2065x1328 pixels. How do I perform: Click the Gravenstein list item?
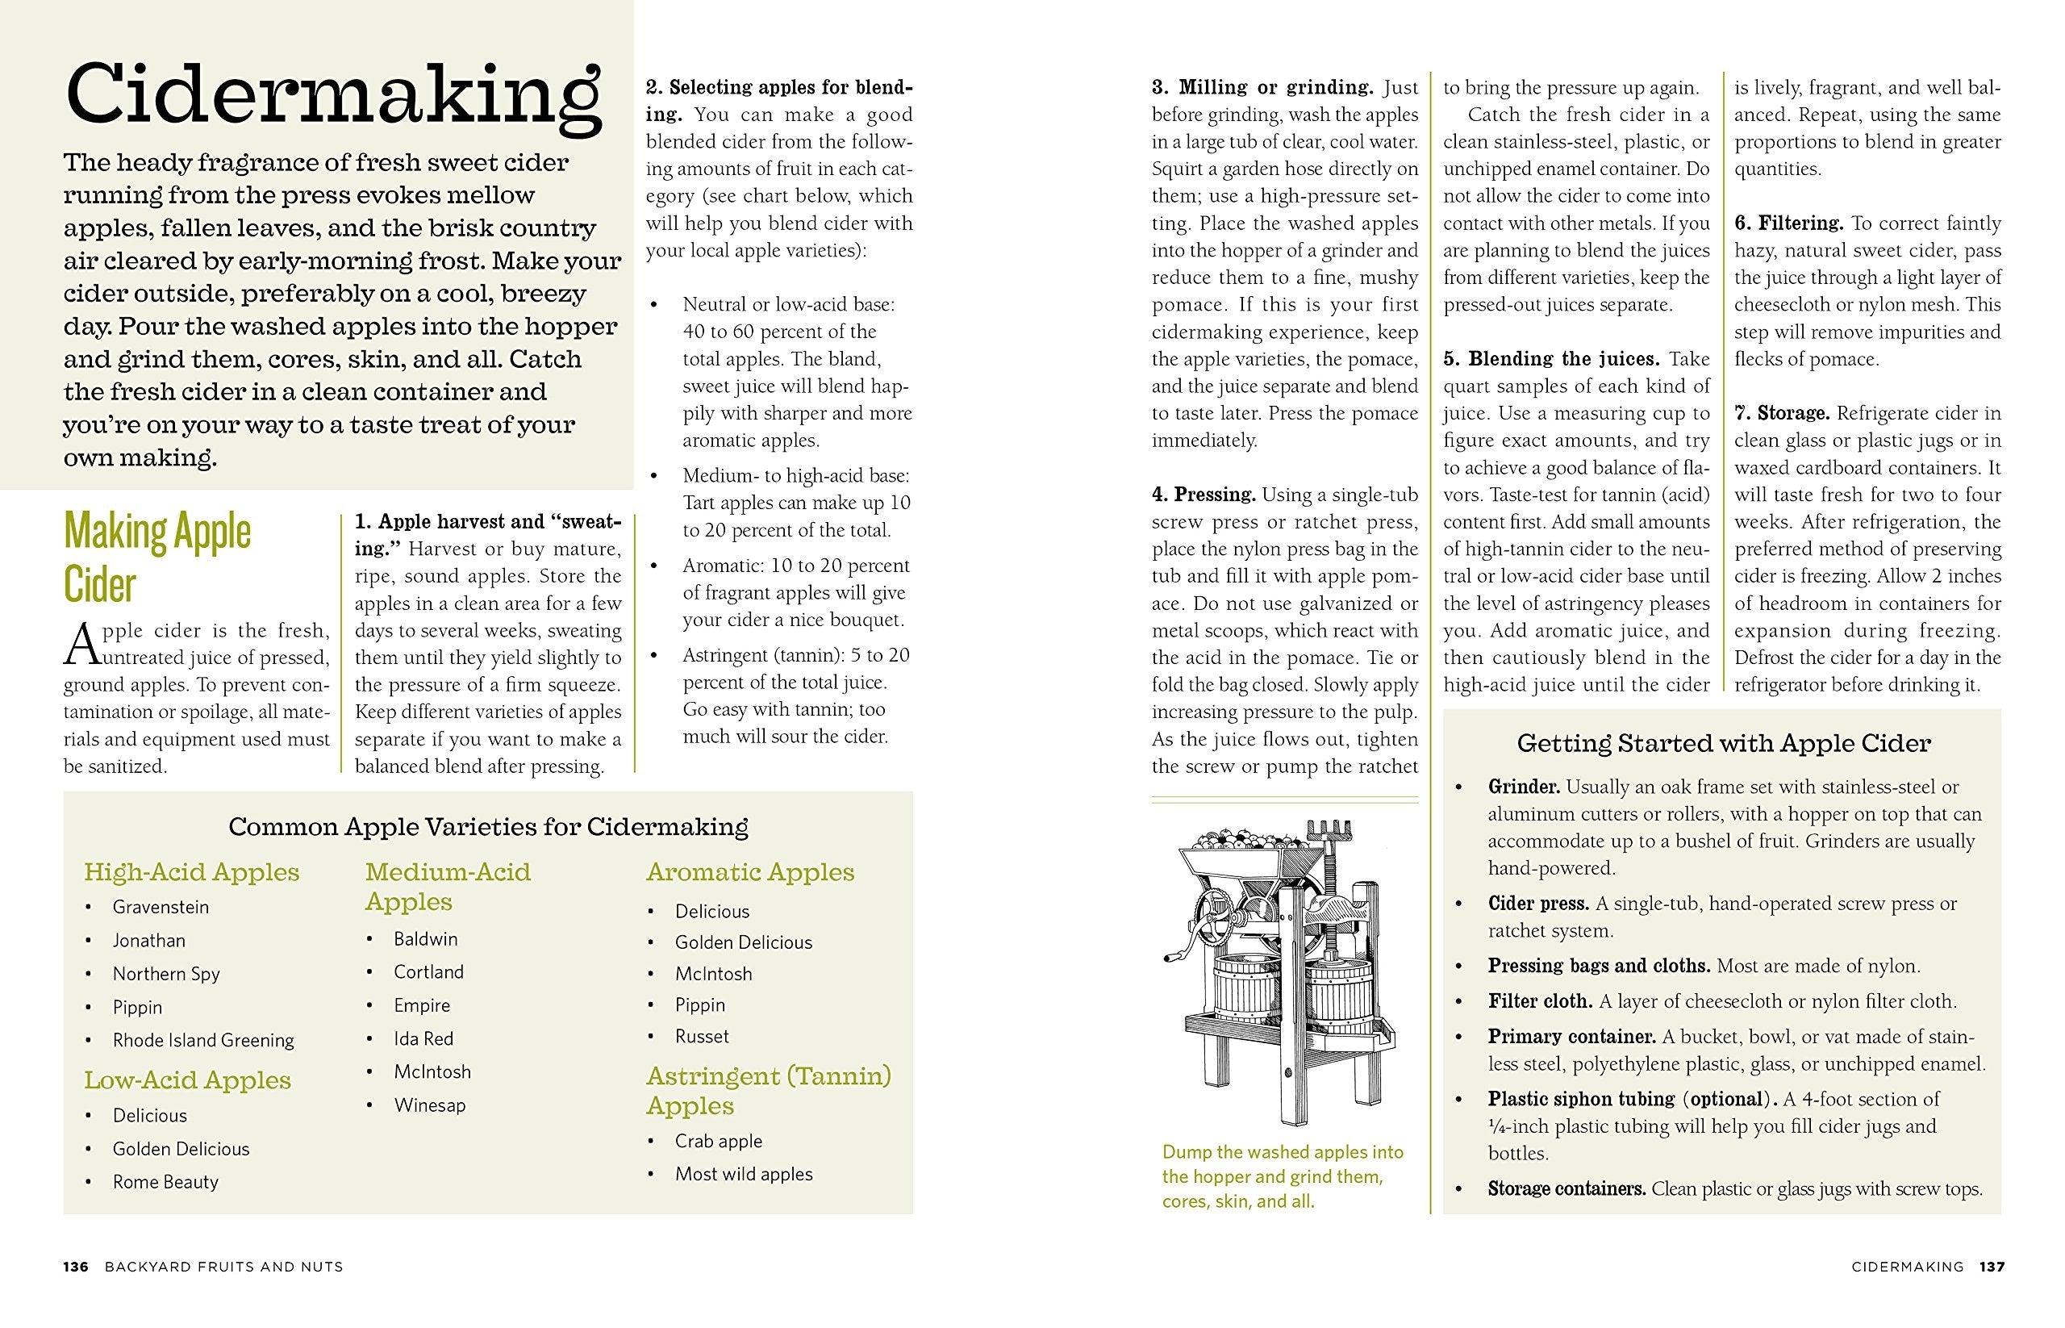(161, 906)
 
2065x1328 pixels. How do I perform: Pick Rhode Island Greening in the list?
(203, 1040)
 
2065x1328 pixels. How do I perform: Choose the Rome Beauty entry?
(165, 1181)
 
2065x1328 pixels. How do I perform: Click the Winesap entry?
(429, 1105)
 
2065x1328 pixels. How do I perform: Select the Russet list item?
(702, 1036)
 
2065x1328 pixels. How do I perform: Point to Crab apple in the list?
(718, 1141)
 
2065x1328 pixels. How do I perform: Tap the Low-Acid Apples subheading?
(187, 1080)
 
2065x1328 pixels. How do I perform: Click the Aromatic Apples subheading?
(750, 872)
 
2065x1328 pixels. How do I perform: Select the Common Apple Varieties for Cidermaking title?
(488, 826)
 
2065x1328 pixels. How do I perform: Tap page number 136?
(76, 1267)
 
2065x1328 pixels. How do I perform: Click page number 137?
(1992, 1267)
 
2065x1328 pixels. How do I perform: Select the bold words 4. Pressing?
(1203, 495)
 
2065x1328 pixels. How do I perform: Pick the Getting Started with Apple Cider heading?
(1724, 742)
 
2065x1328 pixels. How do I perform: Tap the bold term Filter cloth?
(1540, 1001)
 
